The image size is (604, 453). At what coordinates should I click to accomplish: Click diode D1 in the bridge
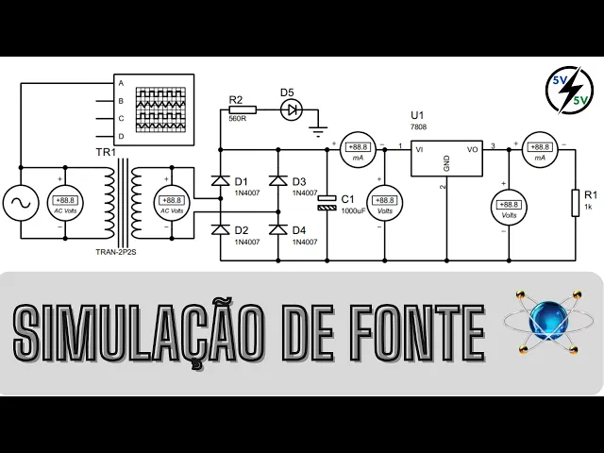pos(220,179)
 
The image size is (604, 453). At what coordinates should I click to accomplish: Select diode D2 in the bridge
pos(220,228)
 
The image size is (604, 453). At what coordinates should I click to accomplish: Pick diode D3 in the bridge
pos(277,179)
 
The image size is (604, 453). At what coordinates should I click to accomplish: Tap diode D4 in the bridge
pos(277,228)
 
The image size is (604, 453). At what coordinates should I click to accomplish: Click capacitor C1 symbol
pos(327,202)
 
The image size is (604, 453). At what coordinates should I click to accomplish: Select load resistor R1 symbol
pos(574,203)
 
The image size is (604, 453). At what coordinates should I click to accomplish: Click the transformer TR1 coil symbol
pos(123,198)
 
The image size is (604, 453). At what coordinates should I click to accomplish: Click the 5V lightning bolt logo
pos(569,92)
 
